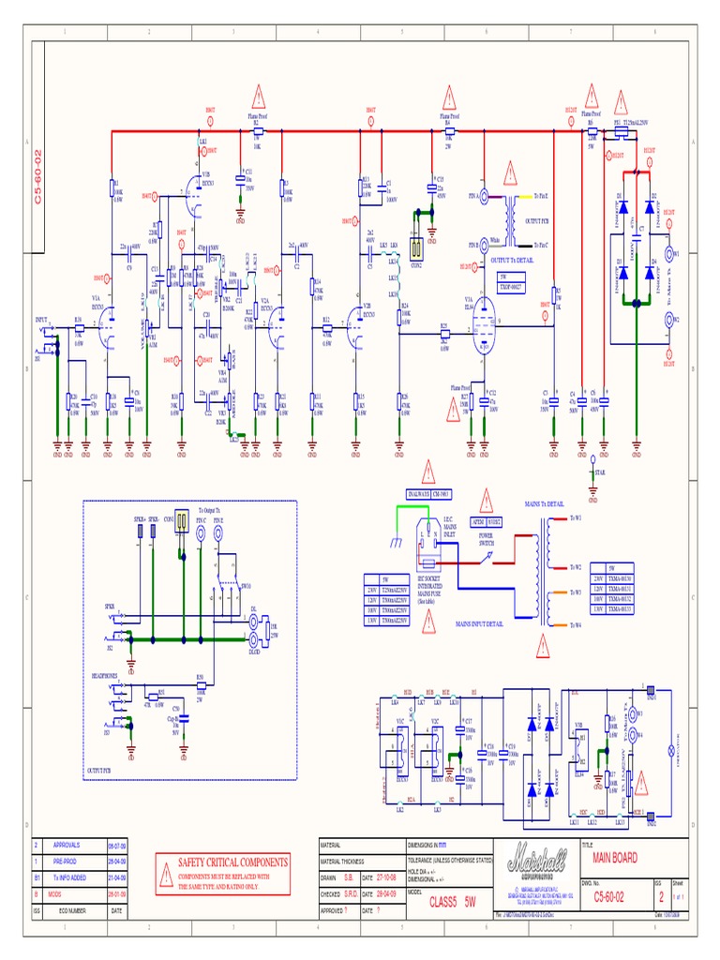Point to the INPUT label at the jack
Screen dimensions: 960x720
41,321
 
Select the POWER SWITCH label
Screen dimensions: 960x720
486,540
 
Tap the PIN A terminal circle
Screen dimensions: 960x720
484,196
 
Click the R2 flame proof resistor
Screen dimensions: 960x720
256,133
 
